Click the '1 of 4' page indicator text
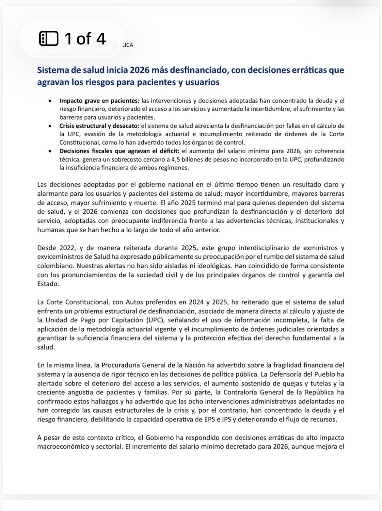coord(85,39)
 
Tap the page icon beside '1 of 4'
coord(49,39)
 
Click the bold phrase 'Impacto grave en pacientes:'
coord(99,101)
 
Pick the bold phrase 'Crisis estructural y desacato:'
coord(100,126)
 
